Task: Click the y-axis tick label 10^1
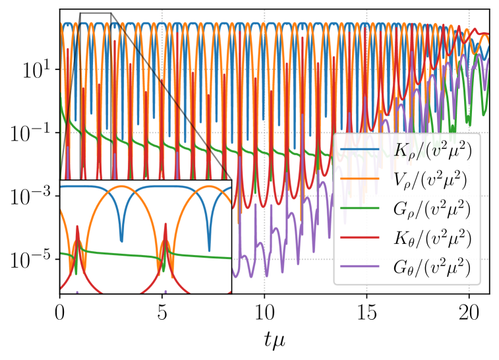tap(33, 71)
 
